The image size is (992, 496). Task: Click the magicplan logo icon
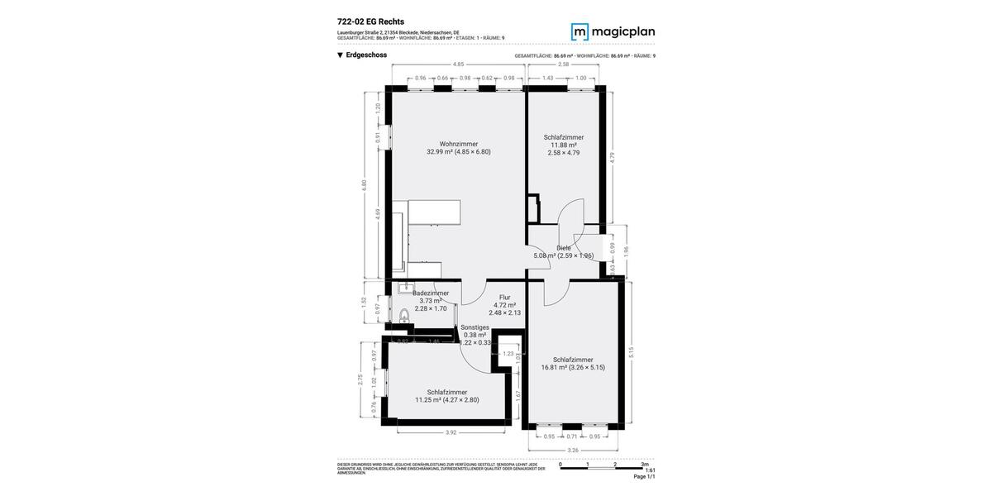580,32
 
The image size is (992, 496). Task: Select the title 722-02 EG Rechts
370,21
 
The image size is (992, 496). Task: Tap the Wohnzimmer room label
458,144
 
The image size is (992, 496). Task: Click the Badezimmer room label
431,293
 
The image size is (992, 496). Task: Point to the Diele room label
564,248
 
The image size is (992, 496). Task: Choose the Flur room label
504,298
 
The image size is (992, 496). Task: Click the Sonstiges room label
475,327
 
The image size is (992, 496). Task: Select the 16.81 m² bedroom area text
573,367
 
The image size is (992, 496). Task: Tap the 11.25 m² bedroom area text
446,400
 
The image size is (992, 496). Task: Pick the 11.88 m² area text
564,145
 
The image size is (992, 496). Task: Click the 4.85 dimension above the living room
458,64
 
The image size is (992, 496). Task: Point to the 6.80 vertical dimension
364,185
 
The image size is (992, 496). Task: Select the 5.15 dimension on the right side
631,351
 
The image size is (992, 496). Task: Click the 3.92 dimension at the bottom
451,432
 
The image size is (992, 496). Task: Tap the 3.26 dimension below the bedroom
573,451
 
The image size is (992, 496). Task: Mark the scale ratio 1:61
650,470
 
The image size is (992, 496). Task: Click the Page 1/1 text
644,477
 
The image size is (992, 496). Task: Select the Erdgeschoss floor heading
366,55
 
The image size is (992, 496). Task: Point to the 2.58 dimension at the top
563,64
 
